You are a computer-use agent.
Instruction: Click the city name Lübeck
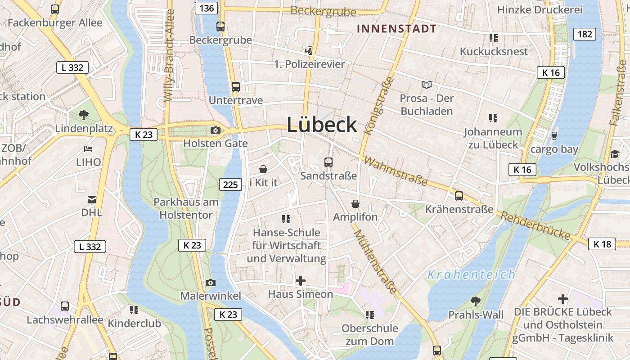[x=322, y=125]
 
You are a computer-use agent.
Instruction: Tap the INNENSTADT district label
[x=396, y=29]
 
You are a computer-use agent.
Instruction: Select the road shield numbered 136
[x=207, y=8]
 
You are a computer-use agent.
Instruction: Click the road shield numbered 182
[x=585, y=34]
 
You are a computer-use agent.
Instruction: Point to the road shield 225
[x=230, y=184]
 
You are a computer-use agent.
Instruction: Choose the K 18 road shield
[x=602, y=244]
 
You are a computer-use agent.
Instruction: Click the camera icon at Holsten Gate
[x=216, y=130]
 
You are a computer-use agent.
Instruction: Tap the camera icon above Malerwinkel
[x=210, y=283]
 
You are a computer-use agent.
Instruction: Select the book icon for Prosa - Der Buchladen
[x=426, y=85]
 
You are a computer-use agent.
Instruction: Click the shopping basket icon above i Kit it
[x=263, y=169]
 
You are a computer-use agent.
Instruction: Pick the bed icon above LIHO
[x=88, y=148]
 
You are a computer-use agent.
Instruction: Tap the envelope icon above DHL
[x=92, y=199]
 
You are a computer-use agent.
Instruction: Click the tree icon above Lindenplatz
[x=83, y=115]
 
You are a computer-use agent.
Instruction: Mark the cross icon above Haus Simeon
[x=300, y=281]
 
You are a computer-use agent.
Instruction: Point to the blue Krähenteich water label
[x=471, y=274]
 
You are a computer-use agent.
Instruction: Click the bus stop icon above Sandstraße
[x=328, y=162]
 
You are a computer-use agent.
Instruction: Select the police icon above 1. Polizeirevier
[x=309, y=50]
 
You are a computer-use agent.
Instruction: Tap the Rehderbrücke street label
[x=535, y=225]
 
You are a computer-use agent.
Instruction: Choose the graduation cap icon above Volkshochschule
[x=615, y=154]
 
